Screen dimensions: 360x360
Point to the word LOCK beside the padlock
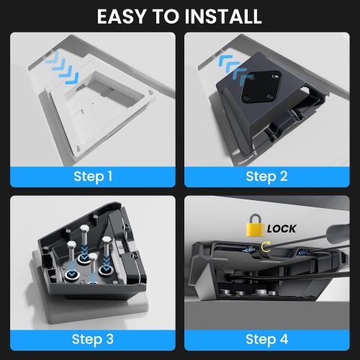point(282,229)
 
